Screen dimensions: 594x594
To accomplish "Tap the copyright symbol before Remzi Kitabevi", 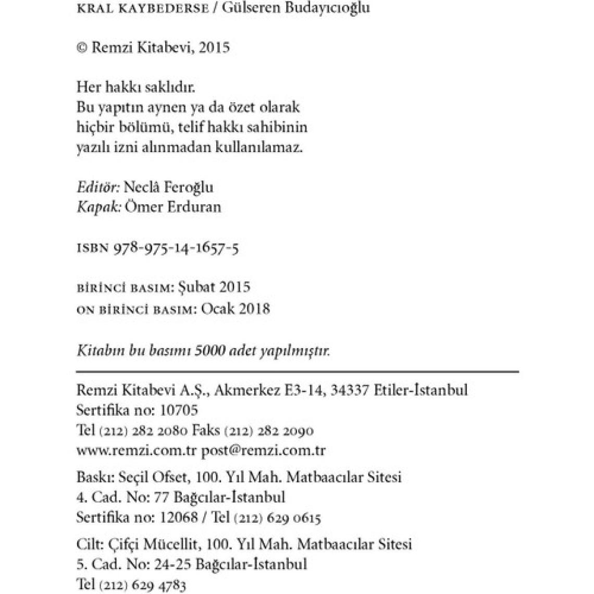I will point(81,48).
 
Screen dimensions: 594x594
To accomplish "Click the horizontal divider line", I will point(297,372).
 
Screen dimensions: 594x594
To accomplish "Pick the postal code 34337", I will point(349,390).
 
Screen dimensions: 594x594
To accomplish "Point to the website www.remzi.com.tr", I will point(137,450).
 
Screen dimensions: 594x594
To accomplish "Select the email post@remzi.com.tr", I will point(263,450).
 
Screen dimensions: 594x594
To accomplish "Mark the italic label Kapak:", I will point(99,207).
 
